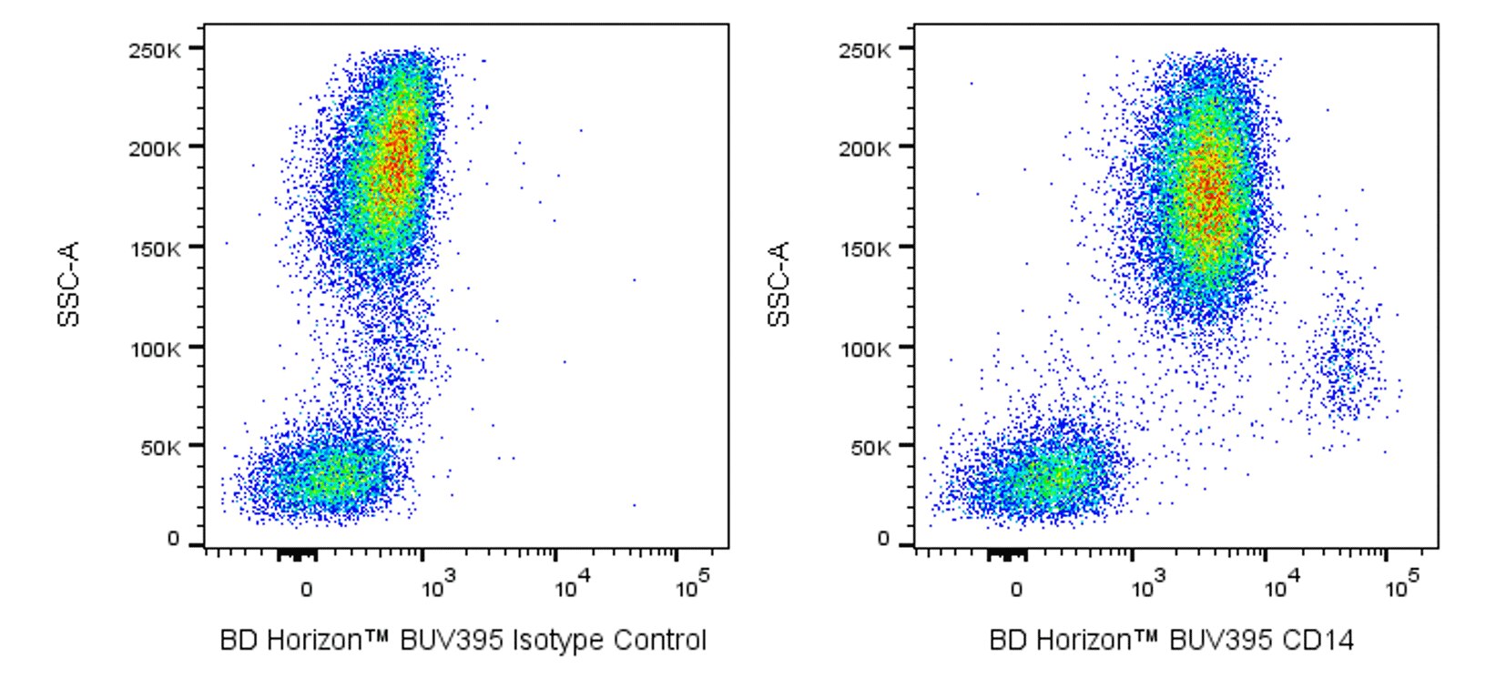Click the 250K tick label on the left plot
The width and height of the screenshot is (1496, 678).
(154, 49)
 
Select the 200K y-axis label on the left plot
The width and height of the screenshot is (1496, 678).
(154, 148)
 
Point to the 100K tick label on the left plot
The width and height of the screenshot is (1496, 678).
(154, 348)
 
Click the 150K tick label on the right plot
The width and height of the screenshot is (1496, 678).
(864, 248)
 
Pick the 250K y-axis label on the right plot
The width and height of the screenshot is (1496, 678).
(864, 49)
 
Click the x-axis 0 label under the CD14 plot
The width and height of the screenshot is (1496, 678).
(1016, 589)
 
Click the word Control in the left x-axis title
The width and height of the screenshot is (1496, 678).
(659, 641)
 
